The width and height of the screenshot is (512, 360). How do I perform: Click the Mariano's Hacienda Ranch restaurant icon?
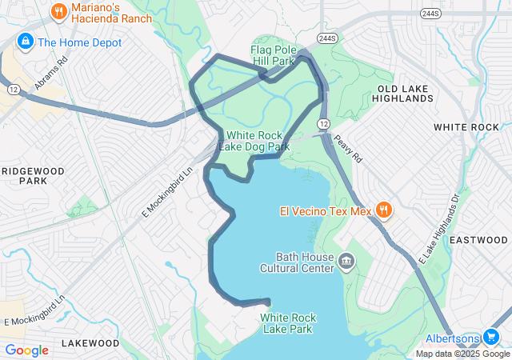(x=58, y=12)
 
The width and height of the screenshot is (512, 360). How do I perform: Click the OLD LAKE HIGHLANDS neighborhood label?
(x=405, y=93)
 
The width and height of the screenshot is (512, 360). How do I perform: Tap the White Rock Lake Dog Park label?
(x=257, y=142)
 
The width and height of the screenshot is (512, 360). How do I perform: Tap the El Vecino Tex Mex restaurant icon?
(x=384, y=211)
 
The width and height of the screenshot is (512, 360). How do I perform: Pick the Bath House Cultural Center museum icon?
(x=346, y=261)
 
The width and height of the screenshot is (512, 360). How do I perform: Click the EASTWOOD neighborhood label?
(x=478, y=240)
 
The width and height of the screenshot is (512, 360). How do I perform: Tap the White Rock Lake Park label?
(x=288, y=323)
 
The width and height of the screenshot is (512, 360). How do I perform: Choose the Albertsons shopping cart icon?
(x=491, y=338)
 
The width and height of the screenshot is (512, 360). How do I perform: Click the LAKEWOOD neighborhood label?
(x=90, y=343)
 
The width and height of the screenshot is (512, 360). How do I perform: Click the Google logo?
(x=26, y=350)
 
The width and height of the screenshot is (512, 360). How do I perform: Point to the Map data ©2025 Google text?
(x=462, y=354)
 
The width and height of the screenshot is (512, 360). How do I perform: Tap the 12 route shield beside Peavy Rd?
(x=322, y=124)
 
